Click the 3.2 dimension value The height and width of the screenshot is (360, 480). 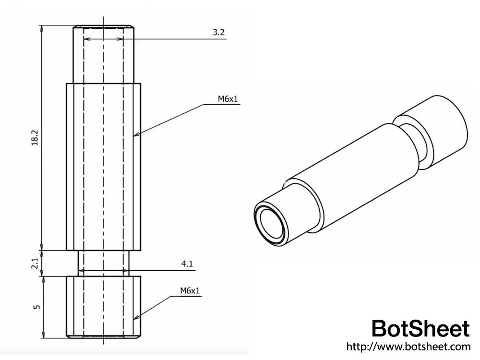pos(218,33)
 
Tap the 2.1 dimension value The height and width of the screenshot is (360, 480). pos(34,263)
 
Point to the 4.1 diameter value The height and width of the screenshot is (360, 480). pos(187,264)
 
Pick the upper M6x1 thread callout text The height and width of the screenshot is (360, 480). pos(228,99)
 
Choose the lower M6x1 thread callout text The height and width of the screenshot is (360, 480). pos(190,290)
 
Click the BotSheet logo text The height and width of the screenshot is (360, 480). pos(420,329)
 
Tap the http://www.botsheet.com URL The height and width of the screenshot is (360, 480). pos(408,346)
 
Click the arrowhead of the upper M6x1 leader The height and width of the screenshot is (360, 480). pos(135,135)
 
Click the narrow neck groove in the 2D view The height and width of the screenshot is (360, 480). pos(104,263)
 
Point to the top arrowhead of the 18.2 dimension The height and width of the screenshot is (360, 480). pos(43,27)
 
